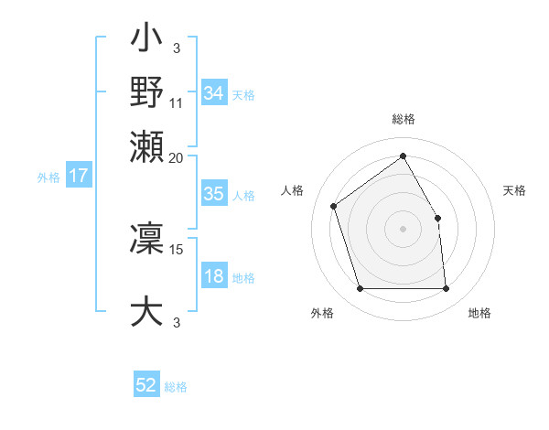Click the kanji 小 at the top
tap(147, 42)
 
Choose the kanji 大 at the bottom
tap(147, 311)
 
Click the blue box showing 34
tap(213, 93)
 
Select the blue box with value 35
tap(213, 194)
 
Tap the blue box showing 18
tap(213, 277)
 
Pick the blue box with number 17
tap(78, 177)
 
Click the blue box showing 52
tap(146, 386)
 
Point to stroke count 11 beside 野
tap(177, 102)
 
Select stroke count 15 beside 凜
tap(177, 249)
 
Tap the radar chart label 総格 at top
tap(404, 119)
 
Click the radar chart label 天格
tap(515, 190)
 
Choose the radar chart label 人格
tap(293, 190)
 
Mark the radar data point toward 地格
tap(447, 289)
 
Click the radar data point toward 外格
tap(361, 289)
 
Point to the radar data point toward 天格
tap(437, 218)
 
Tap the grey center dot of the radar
tap(404, 229)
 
